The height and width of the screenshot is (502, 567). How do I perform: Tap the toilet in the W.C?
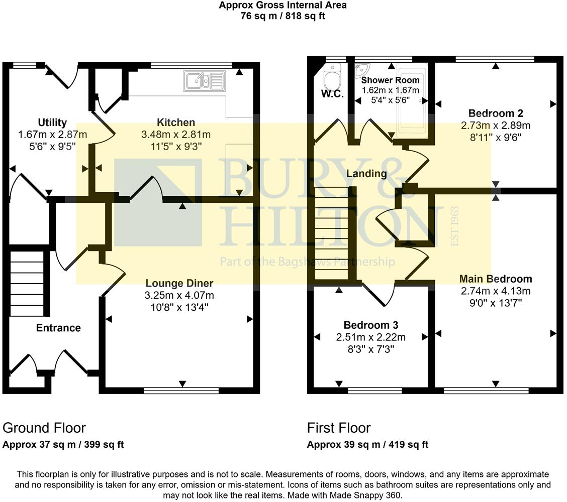click(x=332, y=77)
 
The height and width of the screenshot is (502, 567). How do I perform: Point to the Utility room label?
click(x=52, y=122)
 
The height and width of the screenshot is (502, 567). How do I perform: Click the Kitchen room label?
click(x=176, y=122)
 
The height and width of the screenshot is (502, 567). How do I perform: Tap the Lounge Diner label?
click(x=179, y=283)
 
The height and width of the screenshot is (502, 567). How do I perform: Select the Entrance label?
click(x=58, y=328)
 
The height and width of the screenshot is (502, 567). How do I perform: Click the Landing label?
click(x=366, y=174)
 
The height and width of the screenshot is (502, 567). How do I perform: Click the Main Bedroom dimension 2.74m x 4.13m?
click(x=496, y=291)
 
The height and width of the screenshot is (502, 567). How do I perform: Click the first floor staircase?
click(x=332, y=234)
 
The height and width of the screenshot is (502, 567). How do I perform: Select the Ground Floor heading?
click(x=44, y=428)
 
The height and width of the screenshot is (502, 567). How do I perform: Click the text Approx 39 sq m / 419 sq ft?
click(x=367, y=444)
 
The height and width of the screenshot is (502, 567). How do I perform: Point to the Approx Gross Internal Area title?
click(x=283, y=6)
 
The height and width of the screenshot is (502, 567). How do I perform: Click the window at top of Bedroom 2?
click(x=495, y=59)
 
